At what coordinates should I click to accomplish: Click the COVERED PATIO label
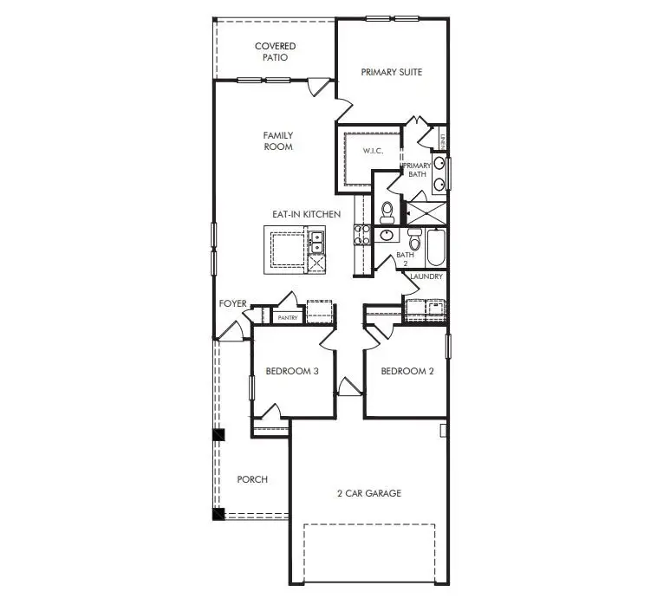[x=275, y=52]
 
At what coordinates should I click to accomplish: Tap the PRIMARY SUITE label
[x=392, y=72]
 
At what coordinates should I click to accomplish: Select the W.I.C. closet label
[x=373, y=151]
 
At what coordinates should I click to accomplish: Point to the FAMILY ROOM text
[x=278, y=141]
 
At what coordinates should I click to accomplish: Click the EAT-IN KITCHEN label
[x=306, y=214]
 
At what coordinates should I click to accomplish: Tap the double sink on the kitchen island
[x=316, y=242]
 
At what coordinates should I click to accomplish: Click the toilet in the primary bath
[x=387, y=212]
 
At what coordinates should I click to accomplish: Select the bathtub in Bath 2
[x=436, y=247]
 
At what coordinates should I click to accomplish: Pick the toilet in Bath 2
[x=414, y=239]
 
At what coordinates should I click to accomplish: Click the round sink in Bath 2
[x=387, y=235]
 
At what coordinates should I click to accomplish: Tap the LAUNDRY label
[x=426, y=276]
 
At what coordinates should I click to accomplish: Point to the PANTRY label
[x=288, y=318]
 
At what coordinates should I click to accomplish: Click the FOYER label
[x=233, y=303]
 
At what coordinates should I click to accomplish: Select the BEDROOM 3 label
[x=292, y=371]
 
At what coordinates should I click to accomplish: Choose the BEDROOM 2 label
[x=407, y=371]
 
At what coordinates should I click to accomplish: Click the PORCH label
[x=252, y=479]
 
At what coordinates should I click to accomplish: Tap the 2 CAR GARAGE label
[x=369, y=493]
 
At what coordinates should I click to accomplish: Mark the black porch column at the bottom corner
[x=218, y=514]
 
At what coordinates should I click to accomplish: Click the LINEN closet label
[x=443, y=142]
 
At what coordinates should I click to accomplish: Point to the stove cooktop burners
[x=361, y=236]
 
